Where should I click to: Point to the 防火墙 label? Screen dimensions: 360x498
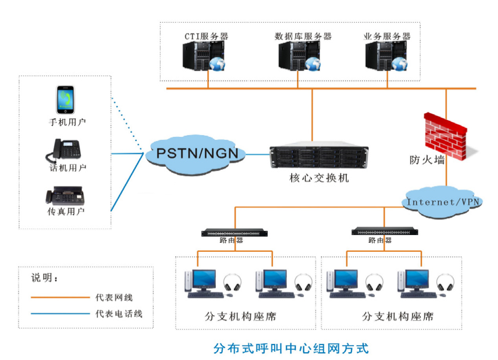pos(427,160)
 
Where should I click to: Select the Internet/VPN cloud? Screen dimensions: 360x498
pos(443,202)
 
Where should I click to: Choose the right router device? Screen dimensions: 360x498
pos(384,231)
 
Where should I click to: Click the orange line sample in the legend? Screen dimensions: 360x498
pos(59,297)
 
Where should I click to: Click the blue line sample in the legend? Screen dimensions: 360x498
pos(59,313)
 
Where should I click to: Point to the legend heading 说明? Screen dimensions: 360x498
pos(44,279)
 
